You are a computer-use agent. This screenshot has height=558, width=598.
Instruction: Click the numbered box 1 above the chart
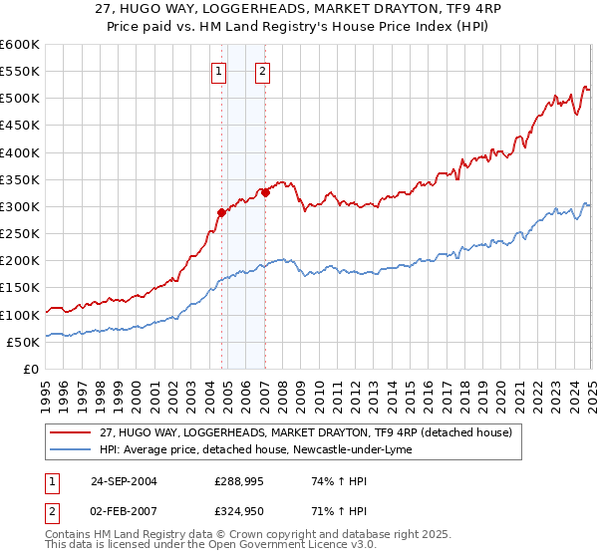pos(218,71)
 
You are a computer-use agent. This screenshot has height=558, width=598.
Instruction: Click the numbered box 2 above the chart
pos(261,71)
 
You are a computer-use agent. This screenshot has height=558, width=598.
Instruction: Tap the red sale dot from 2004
pos(221,212)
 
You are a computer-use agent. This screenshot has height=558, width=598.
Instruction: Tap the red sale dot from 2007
pos(265,193)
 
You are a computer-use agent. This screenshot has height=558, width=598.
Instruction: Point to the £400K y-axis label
pos(20,152)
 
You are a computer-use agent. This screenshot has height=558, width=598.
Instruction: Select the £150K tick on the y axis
pos(20,288)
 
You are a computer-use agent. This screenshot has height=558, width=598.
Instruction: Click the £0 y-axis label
pos(30,369)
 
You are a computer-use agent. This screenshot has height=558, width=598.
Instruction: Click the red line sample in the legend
pos(71,432)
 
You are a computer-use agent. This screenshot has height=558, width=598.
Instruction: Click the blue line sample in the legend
pos(71,449)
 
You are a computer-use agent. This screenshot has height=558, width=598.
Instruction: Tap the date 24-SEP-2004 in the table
pos(119,481)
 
